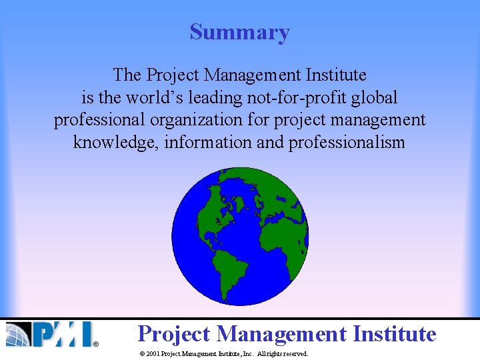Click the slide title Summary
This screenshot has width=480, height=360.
[x=239, y=32]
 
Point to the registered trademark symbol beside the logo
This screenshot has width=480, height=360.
[x=95, y=344]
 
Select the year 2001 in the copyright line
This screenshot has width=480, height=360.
[x=152, y=354]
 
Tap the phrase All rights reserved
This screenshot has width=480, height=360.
[x=283, y=354]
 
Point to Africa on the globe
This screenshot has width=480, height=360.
[x=280, y=233]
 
